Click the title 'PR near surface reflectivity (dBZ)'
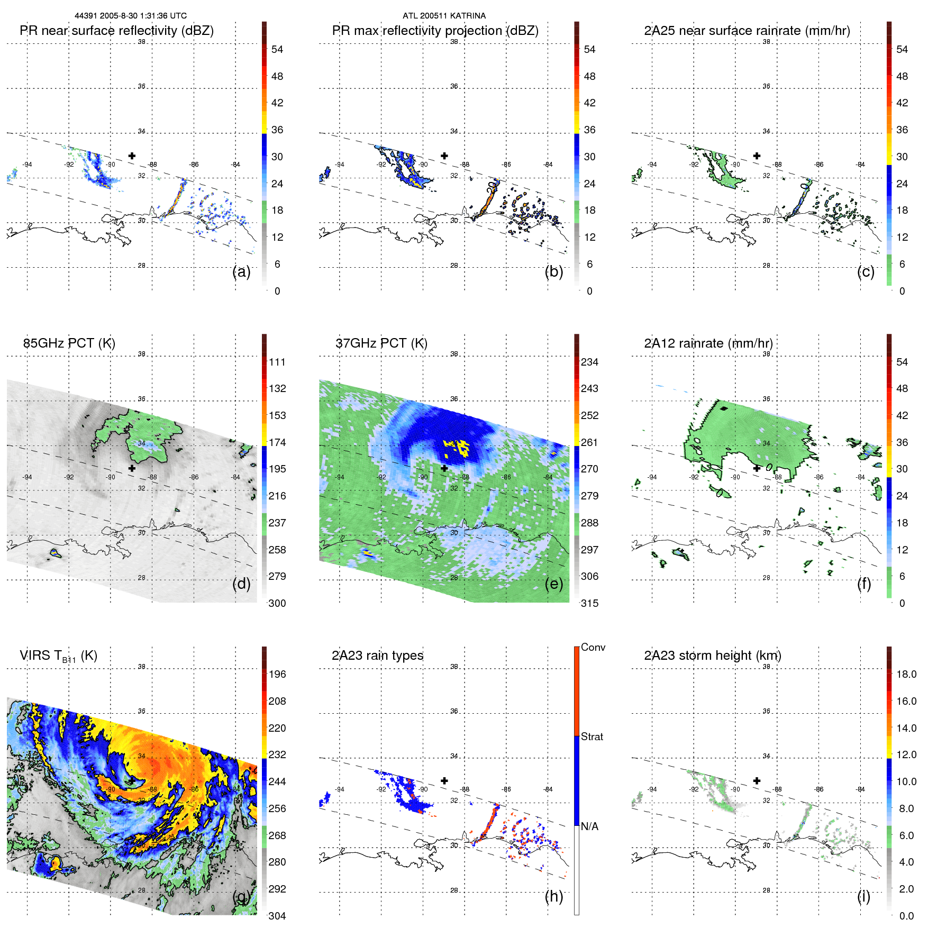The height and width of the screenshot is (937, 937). pyautogui.click(x=116, y=31)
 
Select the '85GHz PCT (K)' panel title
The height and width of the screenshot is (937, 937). pyautogui.click(x=69, y=343)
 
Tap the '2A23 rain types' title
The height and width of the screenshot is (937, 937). pyautogui.click(x=377, y=656)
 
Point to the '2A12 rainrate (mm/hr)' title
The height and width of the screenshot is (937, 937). pyautogui.click(x=708, y=343)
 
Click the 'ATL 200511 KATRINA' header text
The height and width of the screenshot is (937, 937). pyautogui.click(x=444, y=16)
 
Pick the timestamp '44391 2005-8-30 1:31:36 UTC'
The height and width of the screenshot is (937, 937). pyautogui.click(x=131, y=16)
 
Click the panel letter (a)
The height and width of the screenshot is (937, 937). pyautogui.click(x=241, y=271)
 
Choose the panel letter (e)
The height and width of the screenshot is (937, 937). pyautogui.click(x=553, y=584)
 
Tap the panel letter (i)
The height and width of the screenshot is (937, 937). pyautogui.click(x=863, y=896)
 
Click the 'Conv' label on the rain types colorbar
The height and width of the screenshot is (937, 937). pyautogui.click(x=593, y=648)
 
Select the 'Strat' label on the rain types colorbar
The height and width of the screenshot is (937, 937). pyautogui.click(x=592, y=737)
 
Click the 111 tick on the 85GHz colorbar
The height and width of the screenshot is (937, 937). pyautogui.click(x=277, y=362)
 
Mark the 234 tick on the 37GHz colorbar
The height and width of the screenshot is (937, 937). pyautogui.click(x=589, y=362)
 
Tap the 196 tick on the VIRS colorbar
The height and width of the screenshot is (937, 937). pyautogui.click(x=277, y=675)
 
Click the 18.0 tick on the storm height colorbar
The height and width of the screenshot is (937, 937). pyautogui.click(x=906, y=675)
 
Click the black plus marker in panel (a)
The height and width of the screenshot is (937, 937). pyautogui.click(x=132, y=156)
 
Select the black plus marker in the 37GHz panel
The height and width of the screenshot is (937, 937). pyautogui.click(x=444, y=468)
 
